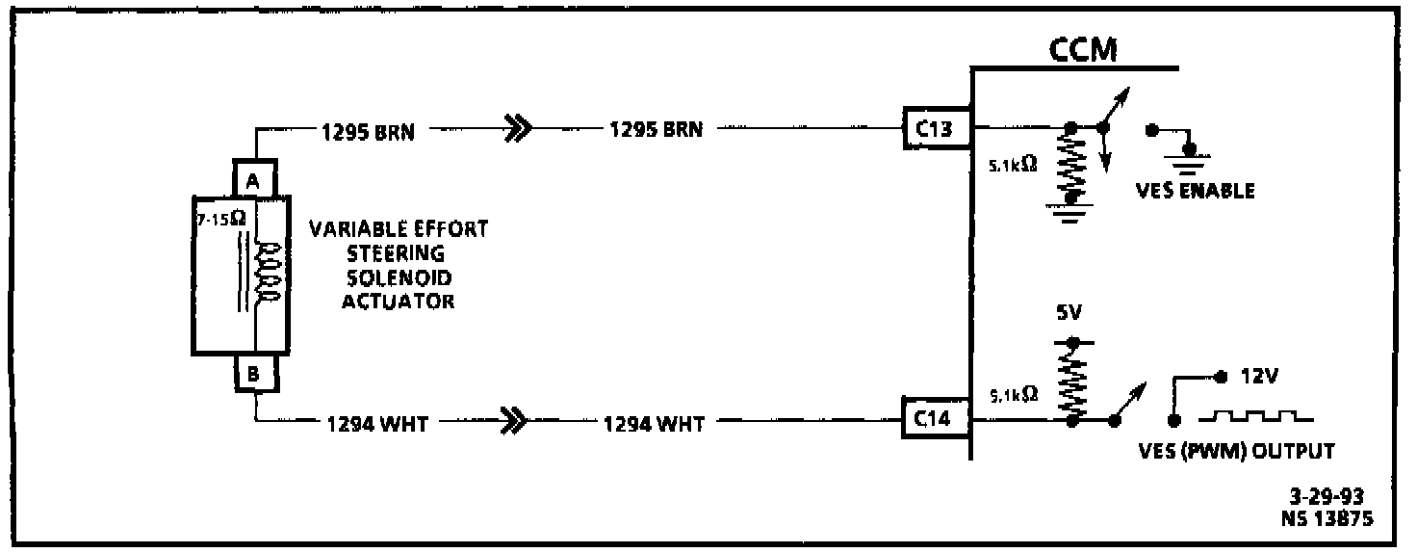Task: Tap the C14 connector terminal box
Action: [935, 419]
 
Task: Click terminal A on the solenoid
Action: [255, 179]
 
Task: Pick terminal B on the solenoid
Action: [255, 374]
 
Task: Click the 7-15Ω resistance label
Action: [221, 219]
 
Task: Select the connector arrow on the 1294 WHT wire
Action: [517, 421]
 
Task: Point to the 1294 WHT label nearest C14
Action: [654, 422]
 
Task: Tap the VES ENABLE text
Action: [1195, 191]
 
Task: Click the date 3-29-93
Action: [1330, 498]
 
